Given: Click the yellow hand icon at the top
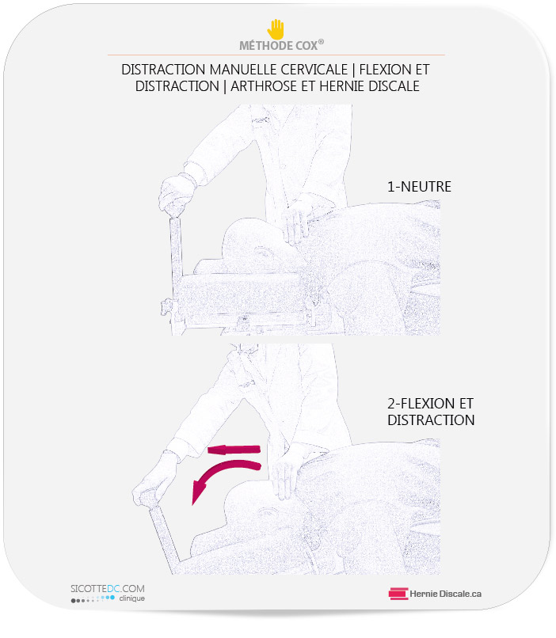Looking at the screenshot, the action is point(276,28).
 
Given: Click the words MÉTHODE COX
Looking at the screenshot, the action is point(278,46).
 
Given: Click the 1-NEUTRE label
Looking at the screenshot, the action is point(419,187).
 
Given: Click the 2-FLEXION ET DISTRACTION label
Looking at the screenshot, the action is point(431,412).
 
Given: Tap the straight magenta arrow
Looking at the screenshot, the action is point(234,450).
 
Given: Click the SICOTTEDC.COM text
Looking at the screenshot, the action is point(108,589).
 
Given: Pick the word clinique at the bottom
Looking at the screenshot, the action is point(132,598).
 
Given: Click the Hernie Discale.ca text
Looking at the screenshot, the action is point(445,594).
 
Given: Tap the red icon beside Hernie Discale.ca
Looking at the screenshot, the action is point(398,594).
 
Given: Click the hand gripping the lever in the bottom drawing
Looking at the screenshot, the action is point(153,482).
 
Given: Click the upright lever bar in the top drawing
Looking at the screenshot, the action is point(177,249).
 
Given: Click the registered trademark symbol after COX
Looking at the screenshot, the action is point(321,42).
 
